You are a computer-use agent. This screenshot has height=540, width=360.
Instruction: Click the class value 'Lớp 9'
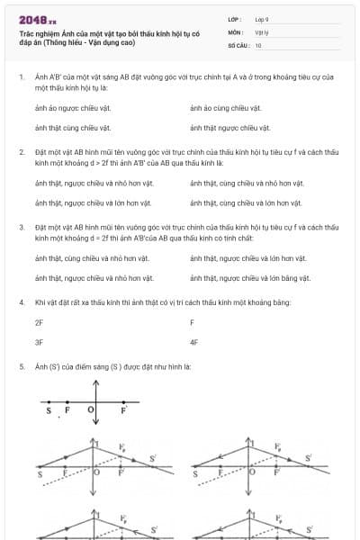click(x=262, y=19)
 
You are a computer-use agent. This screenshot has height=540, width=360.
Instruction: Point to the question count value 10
click(x=258, y=45)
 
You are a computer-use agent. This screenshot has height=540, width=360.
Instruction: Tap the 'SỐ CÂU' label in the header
click(x=238, y=45)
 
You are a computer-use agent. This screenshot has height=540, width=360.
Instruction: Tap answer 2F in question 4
click(x=39, y=321)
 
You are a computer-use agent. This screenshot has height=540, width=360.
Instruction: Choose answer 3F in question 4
click(x=39, y=342)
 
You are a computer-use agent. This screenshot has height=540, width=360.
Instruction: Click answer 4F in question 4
click(x=194, y=342)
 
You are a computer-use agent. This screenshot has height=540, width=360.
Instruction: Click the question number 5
click(x=21, y=367)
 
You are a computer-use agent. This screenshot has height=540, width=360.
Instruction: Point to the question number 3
click(x=21, y=227)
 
